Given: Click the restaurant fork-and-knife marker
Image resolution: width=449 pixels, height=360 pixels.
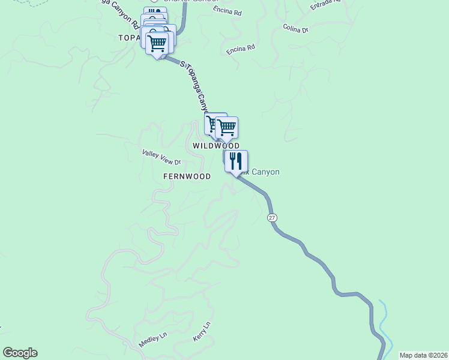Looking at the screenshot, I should click(236, 161).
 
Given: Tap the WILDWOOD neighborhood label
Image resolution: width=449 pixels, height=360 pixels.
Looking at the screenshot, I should click(216, 146).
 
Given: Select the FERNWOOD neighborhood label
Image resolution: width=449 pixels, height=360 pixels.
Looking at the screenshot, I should click(187, 176).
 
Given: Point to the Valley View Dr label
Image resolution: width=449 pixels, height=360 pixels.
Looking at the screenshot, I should click(161, 158).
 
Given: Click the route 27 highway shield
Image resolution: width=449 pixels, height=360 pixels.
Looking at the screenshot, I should click(272, 217).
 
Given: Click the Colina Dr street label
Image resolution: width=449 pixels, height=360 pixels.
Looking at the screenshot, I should click(295, 29).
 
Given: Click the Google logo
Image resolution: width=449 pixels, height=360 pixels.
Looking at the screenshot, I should click(20, 353).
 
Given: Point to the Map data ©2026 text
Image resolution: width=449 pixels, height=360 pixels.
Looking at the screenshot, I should click(423, 355).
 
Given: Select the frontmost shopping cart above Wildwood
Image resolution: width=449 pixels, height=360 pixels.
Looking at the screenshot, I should click(227, 127).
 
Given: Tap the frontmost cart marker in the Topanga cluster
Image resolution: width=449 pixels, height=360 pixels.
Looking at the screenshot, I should click(157, 44).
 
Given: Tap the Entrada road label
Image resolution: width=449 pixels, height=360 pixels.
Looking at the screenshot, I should click(325, 5).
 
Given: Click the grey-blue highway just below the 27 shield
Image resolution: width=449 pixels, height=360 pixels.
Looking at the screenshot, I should click(282, 231).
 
